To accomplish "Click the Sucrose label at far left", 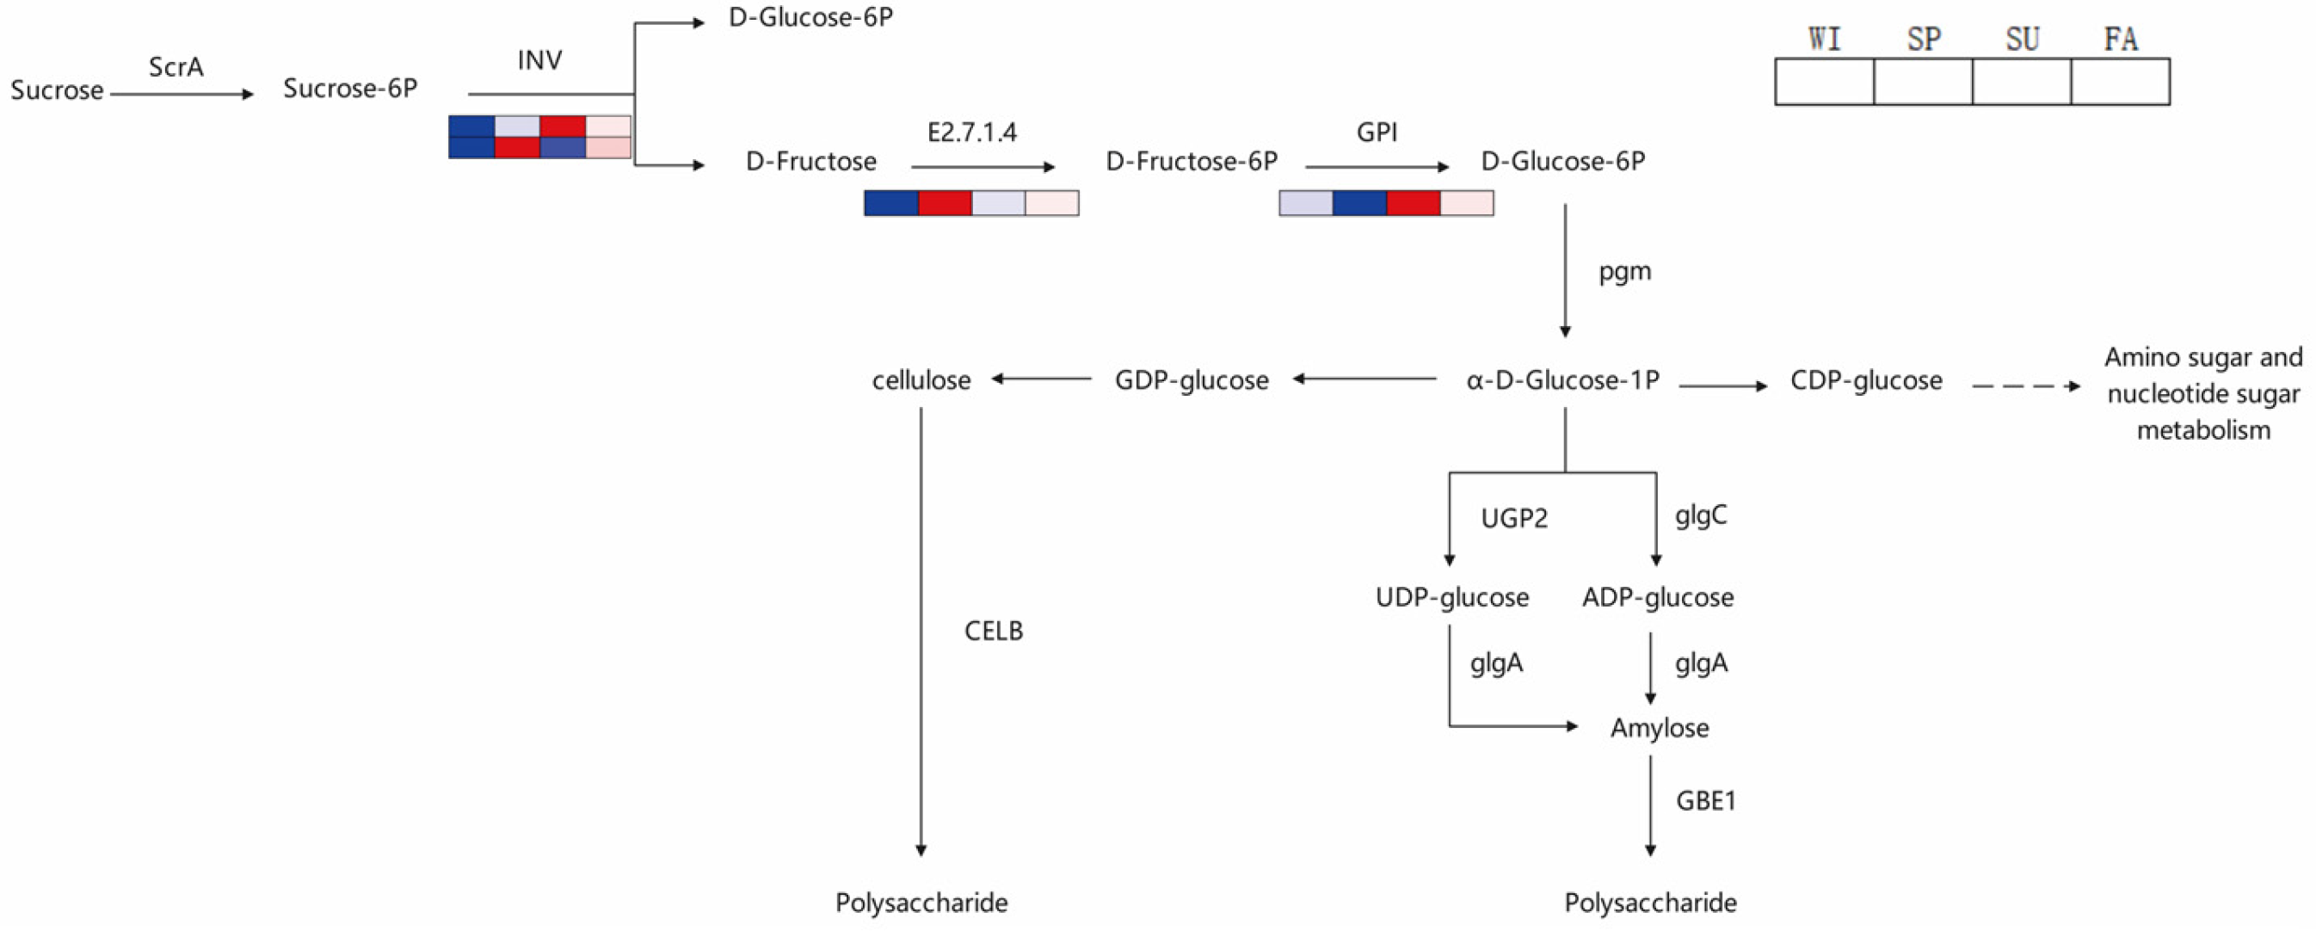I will pos(57,91).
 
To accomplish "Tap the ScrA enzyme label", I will pos(176,67).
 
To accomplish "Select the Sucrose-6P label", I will pos(350,89).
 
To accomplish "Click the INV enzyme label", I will pos(539,60).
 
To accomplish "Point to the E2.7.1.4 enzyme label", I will pos(972,133).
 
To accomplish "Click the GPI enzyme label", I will pos(1377,133).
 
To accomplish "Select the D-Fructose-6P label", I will pos(1192,162).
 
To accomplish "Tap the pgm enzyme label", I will pos(1624,272).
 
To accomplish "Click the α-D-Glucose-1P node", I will pos(1562,380).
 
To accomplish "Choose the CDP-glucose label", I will pos(1866,380).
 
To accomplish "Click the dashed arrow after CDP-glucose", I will pos(2024,386).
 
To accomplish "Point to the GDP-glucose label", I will pos(1192,380).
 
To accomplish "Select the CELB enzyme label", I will pos(994,632).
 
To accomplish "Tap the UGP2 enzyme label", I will pos(1514,519).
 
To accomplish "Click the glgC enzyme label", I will pos(1700,515).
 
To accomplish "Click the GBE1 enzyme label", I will pos(1705,801).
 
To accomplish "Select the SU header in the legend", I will pos(2022,40).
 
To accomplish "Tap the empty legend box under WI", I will pos(1824,82).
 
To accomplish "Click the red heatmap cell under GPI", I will pos(1414,203).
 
